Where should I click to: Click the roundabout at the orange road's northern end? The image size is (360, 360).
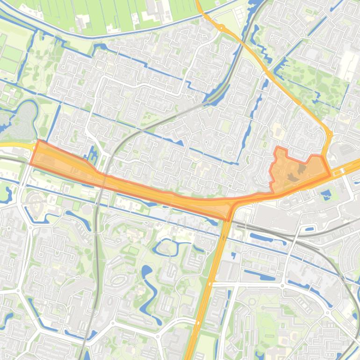[221, 28]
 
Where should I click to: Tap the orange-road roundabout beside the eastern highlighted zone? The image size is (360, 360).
[329, 135]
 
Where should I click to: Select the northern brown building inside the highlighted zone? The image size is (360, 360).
[302, 168]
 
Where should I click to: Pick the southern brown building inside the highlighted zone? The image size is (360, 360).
[293, 177]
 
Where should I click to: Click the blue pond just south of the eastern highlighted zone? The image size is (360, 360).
[326, 193]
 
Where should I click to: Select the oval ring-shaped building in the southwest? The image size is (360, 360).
[119, 280]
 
